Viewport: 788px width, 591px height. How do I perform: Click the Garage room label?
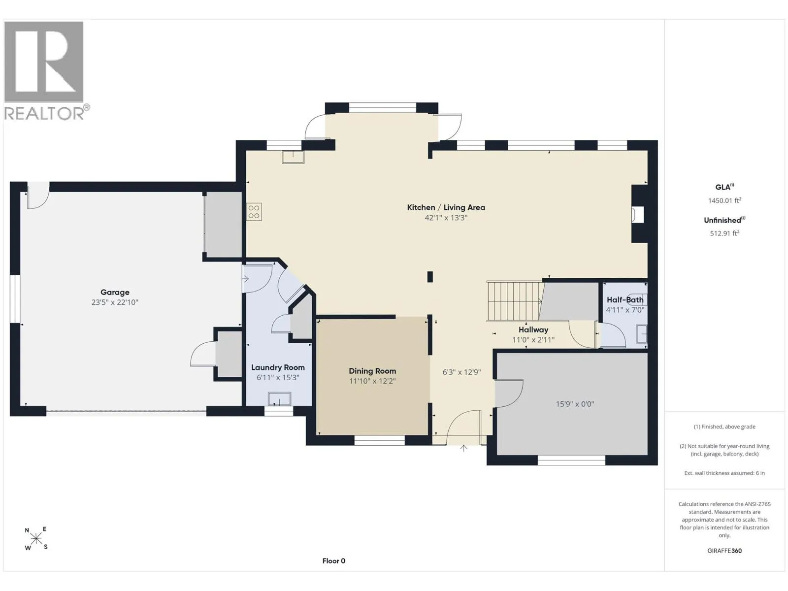click(115, 293)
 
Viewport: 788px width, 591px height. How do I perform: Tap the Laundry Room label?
click(278, 367)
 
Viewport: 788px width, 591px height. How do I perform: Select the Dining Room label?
click(372, 371)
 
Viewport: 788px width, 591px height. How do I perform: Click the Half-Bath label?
click(625, 299)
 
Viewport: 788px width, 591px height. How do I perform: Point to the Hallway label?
click(533, 330)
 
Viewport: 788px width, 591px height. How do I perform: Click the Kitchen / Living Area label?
click(446, 207)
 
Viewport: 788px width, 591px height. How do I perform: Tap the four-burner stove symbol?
click(254, 212)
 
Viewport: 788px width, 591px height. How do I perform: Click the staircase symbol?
click(515, 301)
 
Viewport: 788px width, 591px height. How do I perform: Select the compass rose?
click(36, 539)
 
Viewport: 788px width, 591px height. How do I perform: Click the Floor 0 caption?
click(333, 561)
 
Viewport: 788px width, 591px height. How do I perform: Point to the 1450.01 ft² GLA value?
click(724, 200)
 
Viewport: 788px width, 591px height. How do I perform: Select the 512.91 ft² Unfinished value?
click(724, 233)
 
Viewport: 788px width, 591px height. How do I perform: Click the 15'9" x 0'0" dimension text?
click(575, 404)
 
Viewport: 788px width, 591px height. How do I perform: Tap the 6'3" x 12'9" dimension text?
click(461, 372)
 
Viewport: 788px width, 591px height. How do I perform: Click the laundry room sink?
click(280, 399)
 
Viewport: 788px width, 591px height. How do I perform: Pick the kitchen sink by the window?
click(293, 157)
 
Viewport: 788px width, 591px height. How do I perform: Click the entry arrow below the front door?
click(463, 449)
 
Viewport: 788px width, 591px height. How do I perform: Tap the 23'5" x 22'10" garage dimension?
click(115, 302)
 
